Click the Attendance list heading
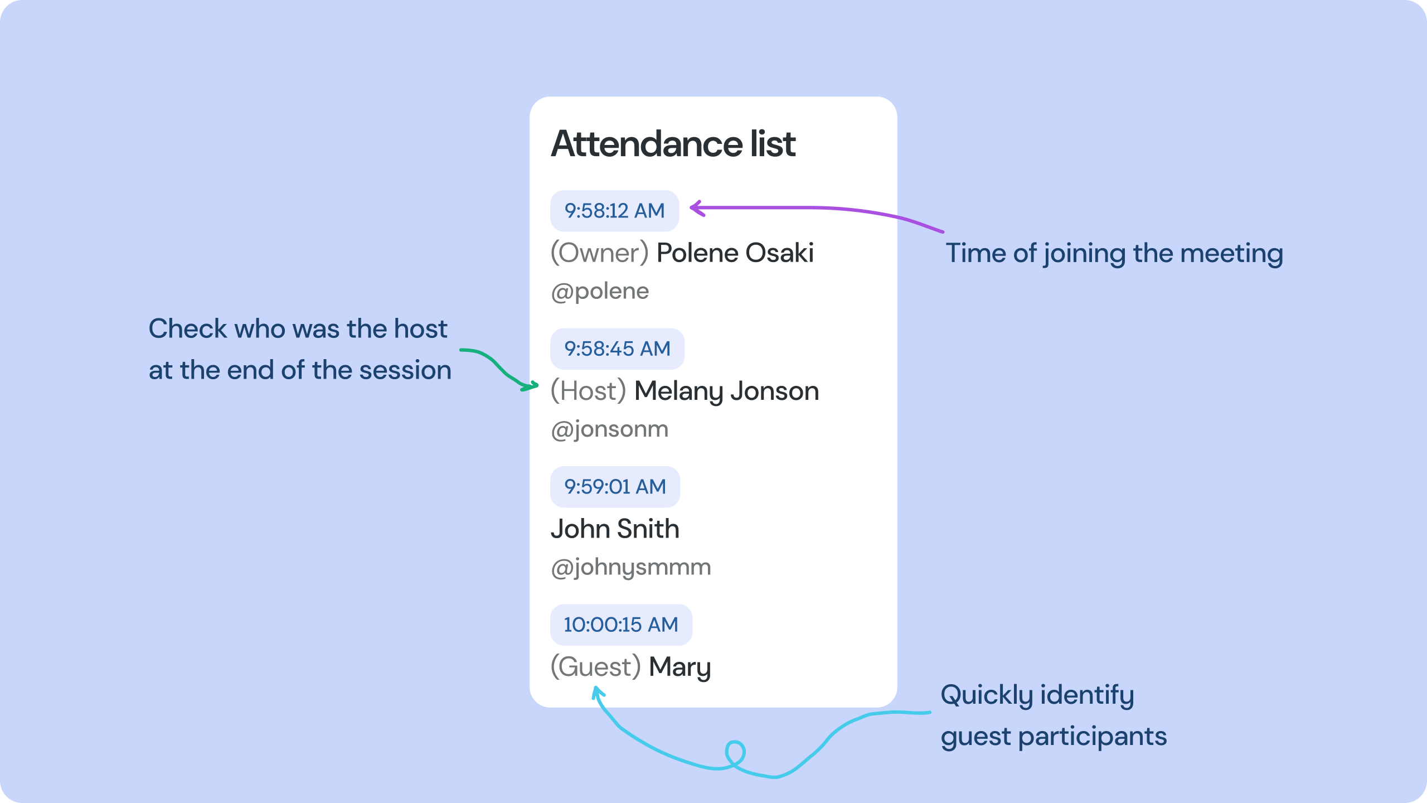coord(673,144)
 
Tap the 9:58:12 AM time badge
coord(614,211)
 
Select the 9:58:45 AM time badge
coord(617,349)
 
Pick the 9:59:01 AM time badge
coord(615,487)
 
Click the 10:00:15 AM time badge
coord(621,625)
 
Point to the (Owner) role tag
coord(599,253)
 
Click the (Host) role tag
coord(588,391)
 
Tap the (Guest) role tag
coord(595,667)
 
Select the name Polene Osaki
coord(735,253)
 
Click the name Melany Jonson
coord(726,391)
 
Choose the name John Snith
coord(615,529)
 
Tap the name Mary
coord(679,667)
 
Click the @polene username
coord(600,291)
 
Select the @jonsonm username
coord(609,429)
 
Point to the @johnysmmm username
coord(630,567)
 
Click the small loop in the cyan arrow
coord(735,753)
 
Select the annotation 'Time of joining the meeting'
coord(1114,253)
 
